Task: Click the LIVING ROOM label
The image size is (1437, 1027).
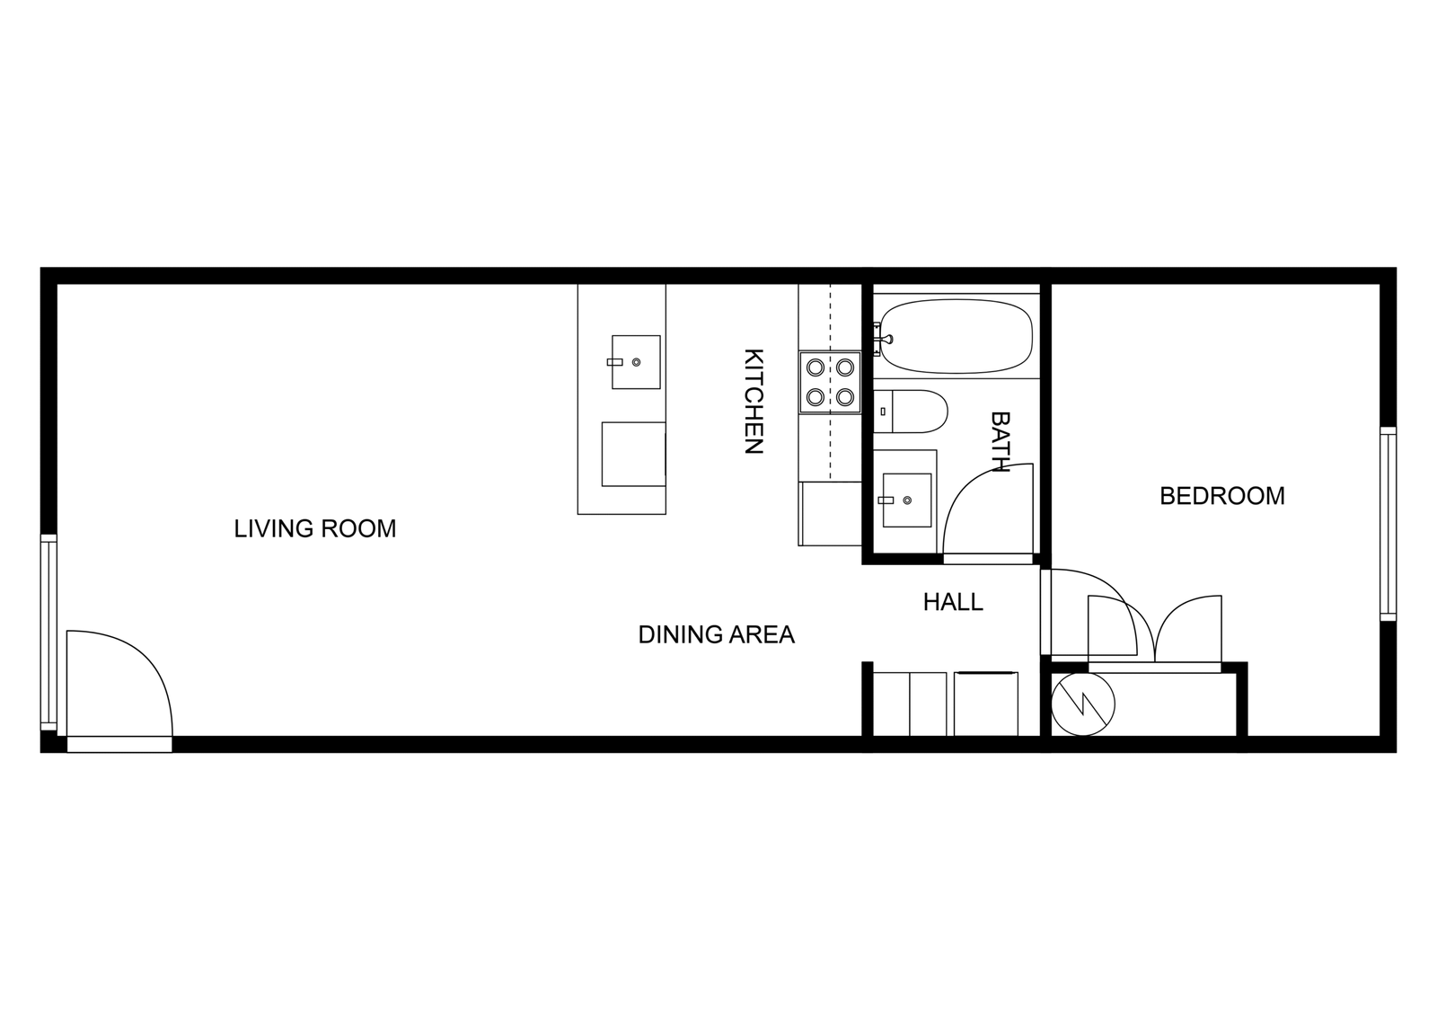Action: (315, 529)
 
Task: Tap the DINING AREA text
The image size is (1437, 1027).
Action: (717, 635)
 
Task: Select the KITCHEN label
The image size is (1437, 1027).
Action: (754, 401)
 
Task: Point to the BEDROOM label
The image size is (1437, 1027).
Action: (1222, 496)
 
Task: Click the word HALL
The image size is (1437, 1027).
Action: (953, 602)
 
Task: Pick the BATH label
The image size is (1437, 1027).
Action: (1001, 441)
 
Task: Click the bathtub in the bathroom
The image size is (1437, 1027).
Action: (957, 336)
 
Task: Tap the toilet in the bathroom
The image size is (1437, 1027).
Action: (911, 411)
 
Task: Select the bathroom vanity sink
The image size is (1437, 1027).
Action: (907, 500)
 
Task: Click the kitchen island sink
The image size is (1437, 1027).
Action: (636, 362)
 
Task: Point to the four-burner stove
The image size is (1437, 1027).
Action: (830, 383)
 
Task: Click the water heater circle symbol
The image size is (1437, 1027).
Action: (1083, 704)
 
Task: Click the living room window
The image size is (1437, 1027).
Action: (48, 633)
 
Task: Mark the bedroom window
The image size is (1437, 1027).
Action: (1389, 524)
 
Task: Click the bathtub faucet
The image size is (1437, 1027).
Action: (883, 338)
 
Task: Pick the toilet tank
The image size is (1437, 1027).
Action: (883, 411)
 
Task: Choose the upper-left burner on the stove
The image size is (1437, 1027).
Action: (815, 367)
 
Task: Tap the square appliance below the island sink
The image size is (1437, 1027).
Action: (633, 454)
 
